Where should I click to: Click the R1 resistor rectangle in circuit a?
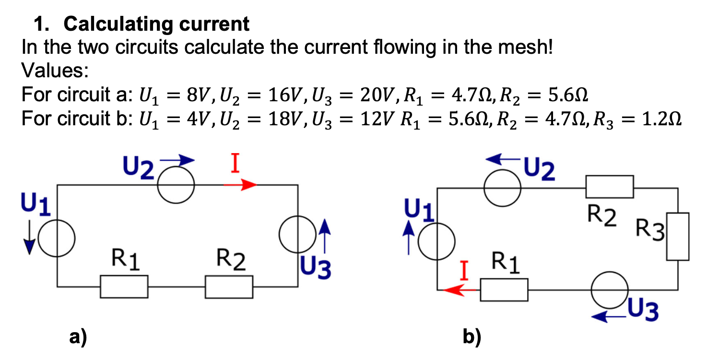[124, 287]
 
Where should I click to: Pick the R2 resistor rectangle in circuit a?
[229, 287]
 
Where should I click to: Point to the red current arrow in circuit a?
[241, 185]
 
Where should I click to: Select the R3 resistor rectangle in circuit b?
[677, 236]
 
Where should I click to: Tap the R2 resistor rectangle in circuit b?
[609, 187]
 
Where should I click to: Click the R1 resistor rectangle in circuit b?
[504, 289]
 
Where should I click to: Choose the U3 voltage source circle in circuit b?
[609, 289]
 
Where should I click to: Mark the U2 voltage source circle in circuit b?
[503, 188]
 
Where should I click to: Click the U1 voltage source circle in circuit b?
[437, 241]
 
